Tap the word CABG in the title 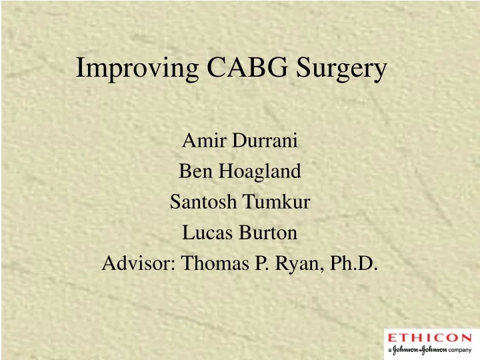pos(242,69)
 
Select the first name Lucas pos(204,233)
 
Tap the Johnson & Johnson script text pos(419,349)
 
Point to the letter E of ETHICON pos(393,337)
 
